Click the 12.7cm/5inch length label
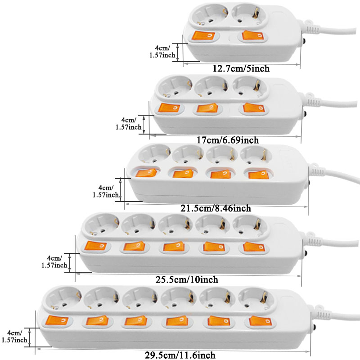[x=241, y=69]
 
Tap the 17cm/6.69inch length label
[x=228, y=140]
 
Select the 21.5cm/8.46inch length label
[x=216, y=208]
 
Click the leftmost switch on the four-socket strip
[x=147, y=173]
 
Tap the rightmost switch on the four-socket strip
[x=257, y=174]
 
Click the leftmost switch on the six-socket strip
[x=55, y=320]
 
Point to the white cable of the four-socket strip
[x=337, y=176]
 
